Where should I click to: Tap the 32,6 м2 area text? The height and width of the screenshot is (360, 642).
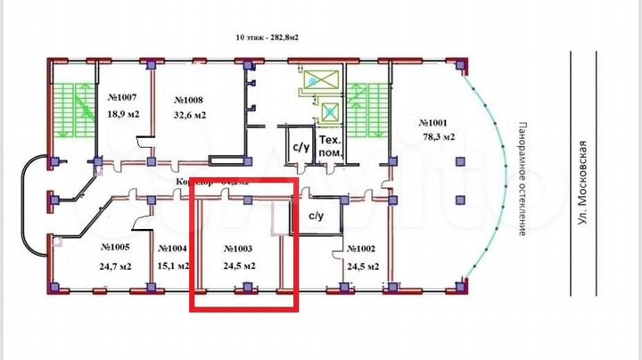pyautogui.click(x=190, y=115)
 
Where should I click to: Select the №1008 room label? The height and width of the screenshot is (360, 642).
pyautogui.click(x=190, y=100)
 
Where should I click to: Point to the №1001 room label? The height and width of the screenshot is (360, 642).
pyautogui.click(x=438, y=123)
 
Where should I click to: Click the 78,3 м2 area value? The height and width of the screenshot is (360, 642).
pyautogui.click(x=438, y=137)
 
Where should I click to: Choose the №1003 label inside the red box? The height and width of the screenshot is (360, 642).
pyautogui.click(x=240, y=249)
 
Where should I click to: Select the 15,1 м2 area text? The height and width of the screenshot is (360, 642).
pyautogui.click(x=171, y=266)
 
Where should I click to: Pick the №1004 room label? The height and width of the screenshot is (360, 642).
pyautogui.click(x=171, y=249)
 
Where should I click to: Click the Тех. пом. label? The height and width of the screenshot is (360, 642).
pyautogui.click(x=331, y=146)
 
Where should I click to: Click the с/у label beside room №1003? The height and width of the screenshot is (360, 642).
pyautogui.click(x=316, y=216)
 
